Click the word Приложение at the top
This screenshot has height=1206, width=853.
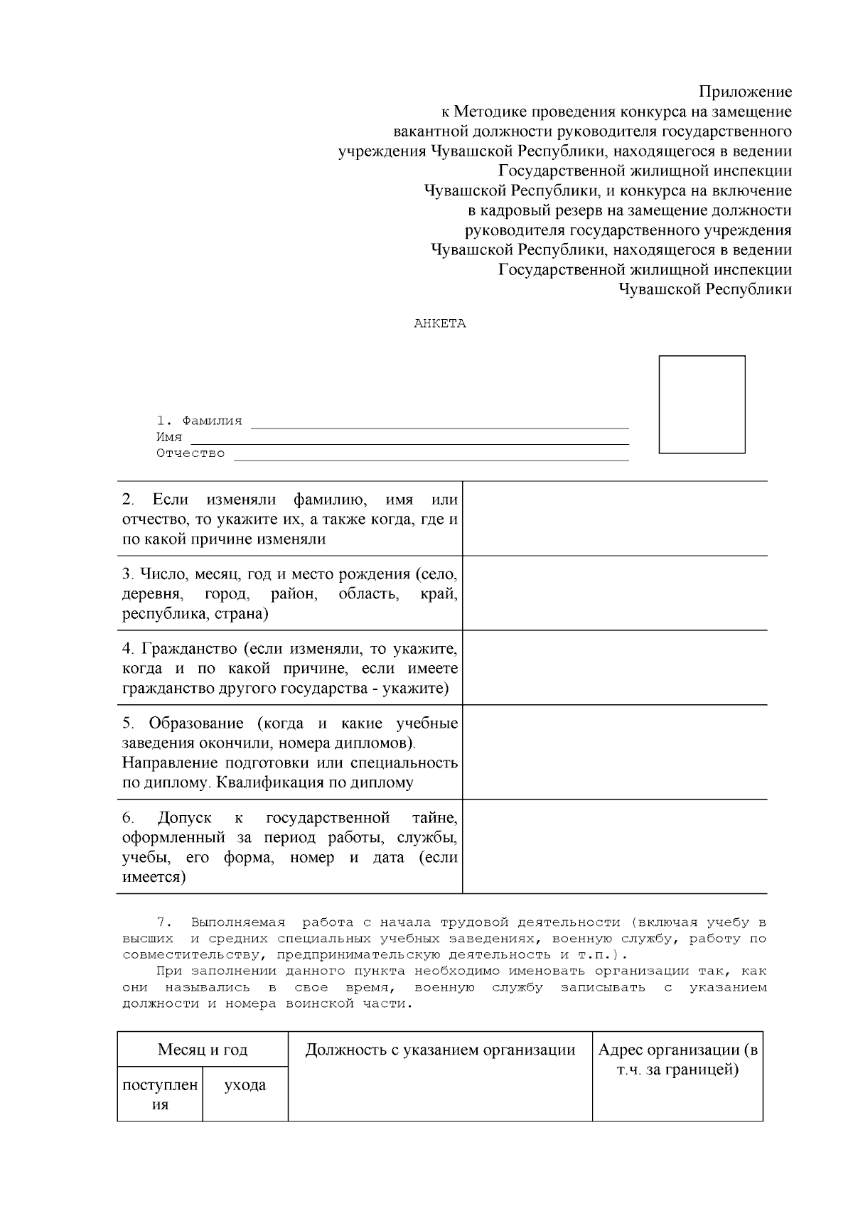[745, 92]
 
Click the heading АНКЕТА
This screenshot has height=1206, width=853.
[440, 323]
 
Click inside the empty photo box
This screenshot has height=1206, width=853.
[702, 404]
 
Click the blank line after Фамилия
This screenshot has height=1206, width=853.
[440, 424]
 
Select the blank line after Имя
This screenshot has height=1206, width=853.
[410, 441]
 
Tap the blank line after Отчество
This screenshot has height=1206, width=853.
[431, 457]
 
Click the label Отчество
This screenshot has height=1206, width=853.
[191, 453]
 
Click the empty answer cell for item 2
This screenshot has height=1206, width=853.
[615, 519]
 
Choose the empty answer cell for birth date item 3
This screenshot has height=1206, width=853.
[615, 593]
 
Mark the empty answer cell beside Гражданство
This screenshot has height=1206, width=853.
[615, 668]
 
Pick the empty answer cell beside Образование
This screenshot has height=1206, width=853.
[615, 753]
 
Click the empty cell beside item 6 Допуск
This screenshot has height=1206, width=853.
[615, 846]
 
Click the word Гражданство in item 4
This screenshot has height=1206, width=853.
[189, 648]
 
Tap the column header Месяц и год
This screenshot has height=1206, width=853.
[203, 1050]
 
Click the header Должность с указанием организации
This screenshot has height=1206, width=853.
[440, 1050]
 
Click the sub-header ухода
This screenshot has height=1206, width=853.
[245, 1085]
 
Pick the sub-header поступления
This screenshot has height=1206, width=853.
[161, 1094]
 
